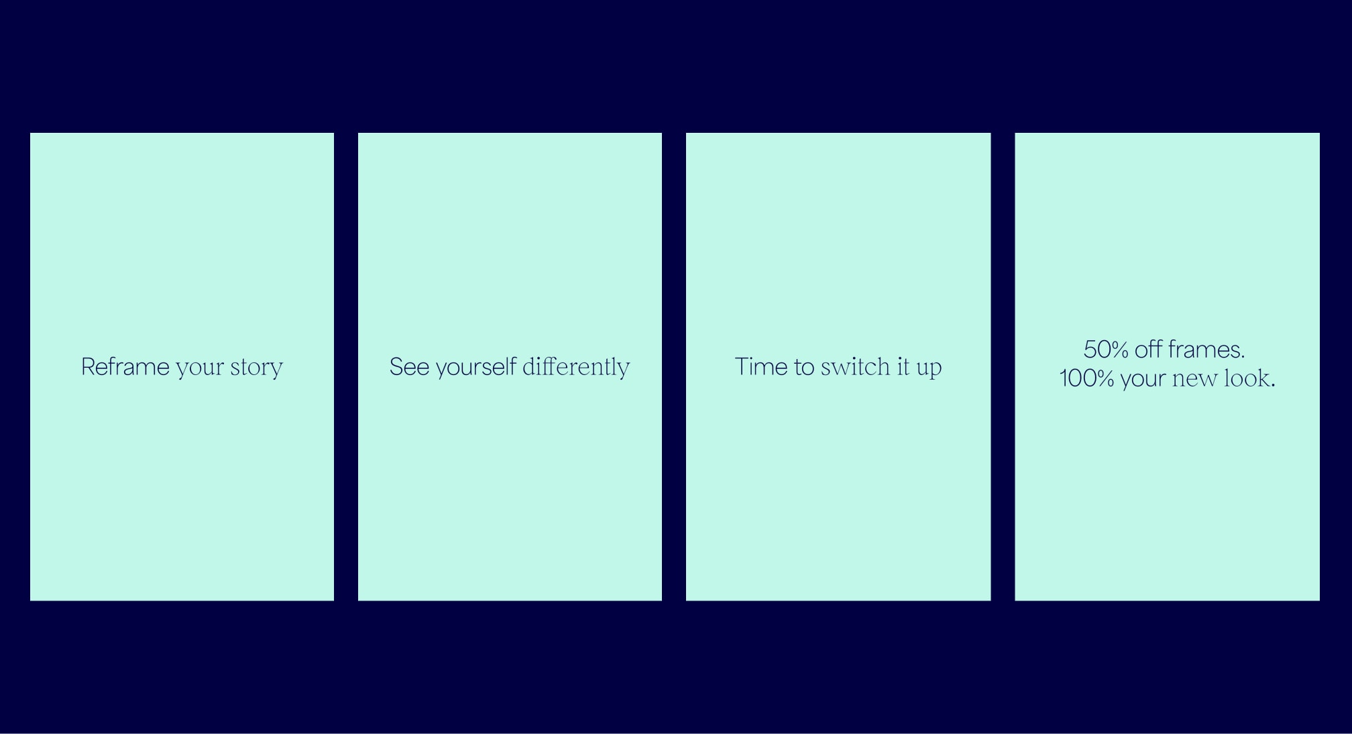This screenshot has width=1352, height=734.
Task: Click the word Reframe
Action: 125,367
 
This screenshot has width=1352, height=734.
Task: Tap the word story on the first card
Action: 256,368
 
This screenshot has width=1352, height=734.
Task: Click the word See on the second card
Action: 409,367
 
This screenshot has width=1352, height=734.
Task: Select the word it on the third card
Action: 903,366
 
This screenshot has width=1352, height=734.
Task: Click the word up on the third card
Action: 929,370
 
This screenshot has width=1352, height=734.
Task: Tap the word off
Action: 1148,349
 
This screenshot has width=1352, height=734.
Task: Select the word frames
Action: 1204,349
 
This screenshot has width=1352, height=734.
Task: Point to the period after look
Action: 1273,386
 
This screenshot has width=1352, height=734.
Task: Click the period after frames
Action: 1243,357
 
